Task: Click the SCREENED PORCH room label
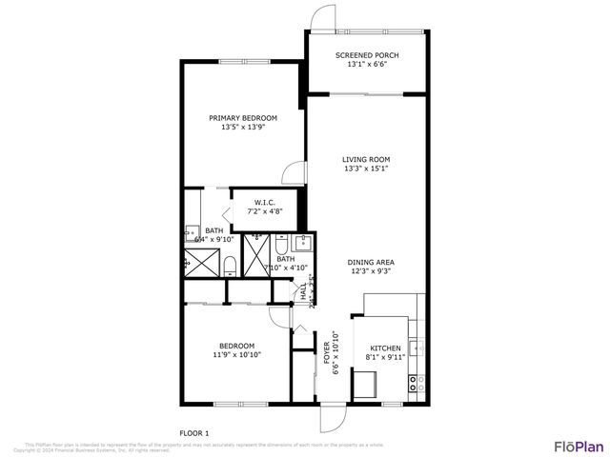(x=367, y=55)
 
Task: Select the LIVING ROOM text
(x=367, y=159)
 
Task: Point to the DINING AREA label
(x=371, y=262)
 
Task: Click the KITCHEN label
(x=384, y=349)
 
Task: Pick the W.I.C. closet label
(x=264, y=202)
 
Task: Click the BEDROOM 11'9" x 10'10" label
(x=236, y=345)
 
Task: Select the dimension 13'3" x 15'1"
(x=367, y=169)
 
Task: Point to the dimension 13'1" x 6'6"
(x=367, y=66)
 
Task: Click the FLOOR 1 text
(x=194, y=432)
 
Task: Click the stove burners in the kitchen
(x=416, y=384)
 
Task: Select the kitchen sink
(x=415, y=346)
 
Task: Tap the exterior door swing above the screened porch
(x=324, y=18)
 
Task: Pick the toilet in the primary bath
(x=230, y=264)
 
